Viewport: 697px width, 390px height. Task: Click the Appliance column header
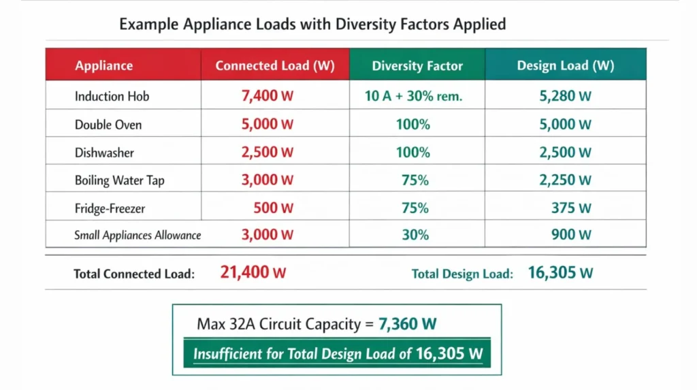click(104, 66)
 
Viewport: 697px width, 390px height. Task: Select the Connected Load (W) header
click(274, 66)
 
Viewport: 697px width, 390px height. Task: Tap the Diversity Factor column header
click(417, 66)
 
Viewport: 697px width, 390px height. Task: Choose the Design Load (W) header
click(565, 66)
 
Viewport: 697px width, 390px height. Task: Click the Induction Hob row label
click(112, 97)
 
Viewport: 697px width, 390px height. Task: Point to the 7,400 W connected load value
click(268, 96)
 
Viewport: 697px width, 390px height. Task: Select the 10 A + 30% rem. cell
click(413, 96)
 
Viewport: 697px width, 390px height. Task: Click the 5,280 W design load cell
click(565, 96)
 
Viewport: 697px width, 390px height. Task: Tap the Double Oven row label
click(108, 125)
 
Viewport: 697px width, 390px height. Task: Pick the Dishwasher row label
click(104, 153)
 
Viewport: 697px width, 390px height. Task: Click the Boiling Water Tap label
click(119, 181)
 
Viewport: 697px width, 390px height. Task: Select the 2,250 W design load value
click(565, 180)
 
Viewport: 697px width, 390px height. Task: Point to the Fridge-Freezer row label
click(110, 209)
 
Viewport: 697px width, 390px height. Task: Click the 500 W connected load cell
click(273, 208)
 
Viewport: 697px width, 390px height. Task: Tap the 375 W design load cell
click(571, 208)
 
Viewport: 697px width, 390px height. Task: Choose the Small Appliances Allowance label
click(137, 235)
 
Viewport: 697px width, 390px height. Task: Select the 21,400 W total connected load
click(253, 273)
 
